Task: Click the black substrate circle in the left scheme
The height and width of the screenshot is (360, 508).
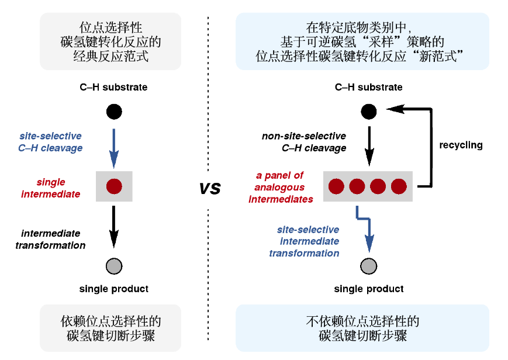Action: click(114, 111)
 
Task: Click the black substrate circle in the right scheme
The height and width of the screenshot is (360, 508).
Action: click(368, 111)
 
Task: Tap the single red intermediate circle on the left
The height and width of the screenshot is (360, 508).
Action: click(114, 186)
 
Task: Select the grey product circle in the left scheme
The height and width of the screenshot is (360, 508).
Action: click(114, 266)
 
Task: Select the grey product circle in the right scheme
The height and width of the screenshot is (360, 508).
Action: click(368, 266)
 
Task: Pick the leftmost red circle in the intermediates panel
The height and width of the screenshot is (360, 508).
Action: click(336, 186)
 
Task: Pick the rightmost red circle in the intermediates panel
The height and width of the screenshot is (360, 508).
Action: click(399, 186)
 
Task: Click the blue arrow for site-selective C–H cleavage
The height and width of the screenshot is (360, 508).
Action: click(114, 146)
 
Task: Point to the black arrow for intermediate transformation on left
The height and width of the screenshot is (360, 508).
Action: click(114, 225)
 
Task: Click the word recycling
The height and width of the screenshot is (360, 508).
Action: click(461, 145)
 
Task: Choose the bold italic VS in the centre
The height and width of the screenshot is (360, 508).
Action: click(210, 188)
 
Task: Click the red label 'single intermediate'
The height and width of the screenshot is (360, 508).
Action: click(51, 188)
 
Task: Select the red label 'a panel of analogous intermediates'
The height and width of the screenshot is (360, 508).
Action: click(281, 187)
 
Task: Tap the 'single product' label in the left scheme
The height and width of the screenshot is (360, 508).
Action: click(114, 289)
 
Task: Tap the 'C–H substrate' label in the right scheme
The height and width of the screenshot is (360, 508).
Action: click(368, 87)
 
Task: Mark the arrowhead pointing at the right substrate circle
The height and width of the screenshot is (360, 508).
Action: click(390, 109)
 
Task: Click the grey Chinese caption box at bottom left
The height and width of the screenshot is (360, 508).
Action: click(111, 328)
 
